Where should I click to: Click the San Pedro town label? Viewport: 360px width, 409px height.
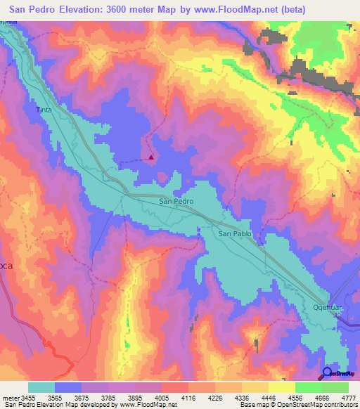tap(176, 201)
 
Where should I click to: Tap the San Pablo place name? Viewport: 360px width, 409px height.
tap(234, 233)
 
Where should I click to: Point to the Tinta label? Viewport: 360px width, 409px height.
tap(44, 110)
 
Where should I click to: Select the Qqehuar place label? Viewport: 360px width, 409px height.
tap(326, 308)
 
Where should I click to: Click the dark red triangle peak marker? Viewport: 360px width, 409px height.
tap(151, 157)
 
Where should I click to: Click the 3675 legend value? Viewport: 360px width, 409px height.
tap(83, 398)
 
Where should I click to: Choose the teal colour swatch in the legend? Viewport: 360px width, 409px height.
tap(41, 387)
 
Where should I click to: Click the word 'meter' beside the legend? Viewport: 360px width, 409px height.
tap(11, 398)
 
